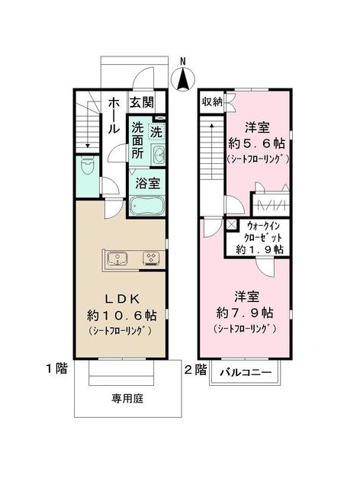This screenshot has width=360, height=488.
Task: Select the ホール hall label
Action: (x=113, y=114)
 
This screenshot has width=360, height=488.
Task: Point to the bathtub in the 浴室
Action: (x=146, y=207)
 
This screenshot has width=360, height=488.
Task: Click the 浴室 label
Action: (x=147, y=183)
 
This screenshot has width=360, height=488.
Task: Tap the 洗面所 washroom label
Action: (x=137, y=139)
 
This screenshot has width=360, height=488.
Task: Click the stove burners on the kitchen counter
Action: (x=150, y=259)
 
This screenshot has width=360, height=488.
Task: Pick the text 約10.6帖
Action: (x=121, y=315)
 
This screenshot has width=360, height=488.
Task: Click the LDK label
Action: (x=121, y=298)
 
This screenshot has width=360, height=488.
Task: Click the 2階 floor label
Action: (x=195, y=370)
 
